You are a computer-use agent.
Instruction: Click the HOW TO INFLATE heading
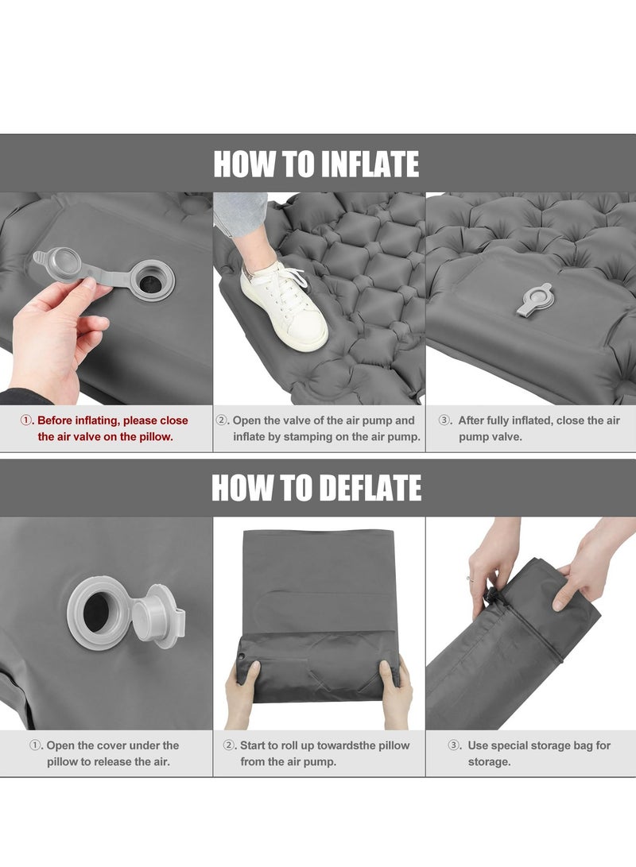(x=316, y=164)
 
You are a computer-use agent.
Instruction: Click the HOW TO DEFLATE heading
(x=316, y=488)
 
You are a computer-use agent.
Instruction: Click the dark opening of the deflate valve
(x=97, y=608)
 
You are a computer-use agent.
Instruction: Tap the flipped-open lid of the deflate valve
(x=157, y=614)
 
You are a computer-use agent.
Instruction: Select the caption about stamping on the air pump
(x=319, y=428)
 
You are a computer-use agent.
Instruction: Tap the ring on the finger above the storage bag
(x=470, y=579)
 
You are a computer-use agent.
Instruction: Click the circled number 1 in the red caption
(x=27, y=420)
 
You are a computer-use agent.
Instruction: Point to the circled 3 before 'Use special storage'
(x=453, y=745)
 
